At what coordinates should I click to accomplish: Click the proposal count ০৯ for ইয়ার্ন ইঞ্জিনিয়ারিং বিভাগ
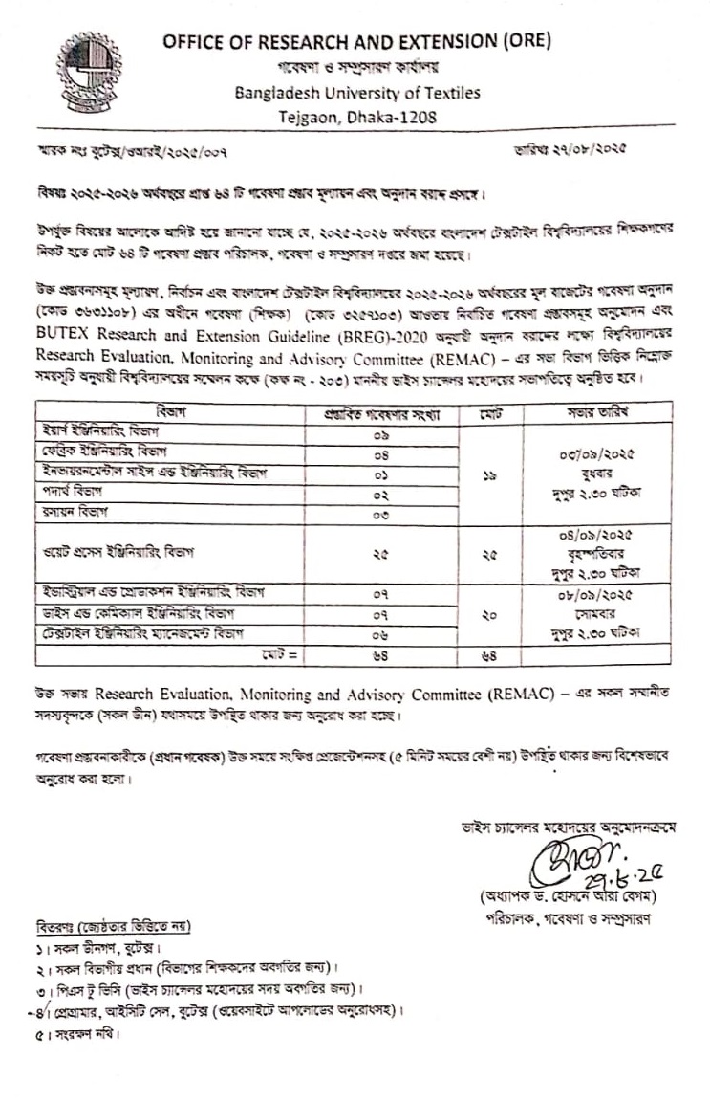tap(379, 432)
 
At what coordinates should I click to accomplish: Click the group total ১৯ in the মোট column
tap(489, 473)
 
